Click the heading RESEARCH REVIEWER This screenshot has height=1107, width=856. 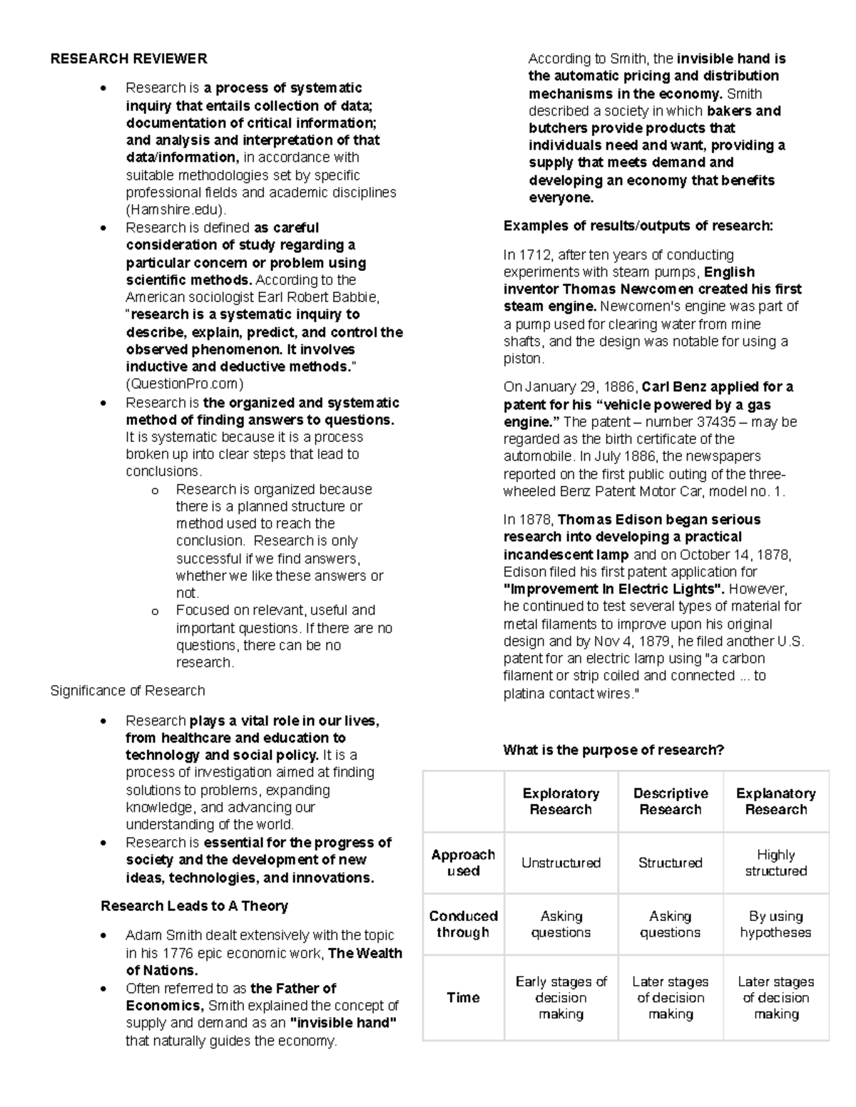point(128,58)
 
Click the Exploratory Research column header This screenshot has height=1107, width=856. point(561,801)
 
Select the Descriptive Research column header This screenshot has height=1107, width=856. point(671,801)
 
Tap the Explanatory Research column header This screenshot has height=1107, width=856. point(776,801)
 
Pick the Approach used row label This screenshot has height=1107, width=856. point(463,863)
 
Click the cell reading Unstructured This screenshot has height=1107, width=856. point(561,863)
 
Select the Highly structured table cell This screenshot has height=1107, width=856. point(776,863)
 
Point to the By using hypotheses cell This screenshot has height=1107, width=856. point(776,925)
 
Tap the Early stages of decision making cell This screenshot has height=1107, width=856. point(561,997)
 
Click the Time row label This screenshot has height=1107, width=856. point(463,997)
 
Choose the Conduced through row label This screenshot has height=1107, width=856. point(463,925)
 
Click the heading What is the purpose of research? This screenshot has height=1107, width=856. point(613,750)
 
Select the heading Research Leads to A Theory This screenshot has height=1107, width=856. point(194,906)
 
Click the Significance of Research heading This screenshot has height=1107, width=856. point(128,691)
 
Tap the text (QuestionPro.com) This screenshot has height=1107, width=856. point(185,384)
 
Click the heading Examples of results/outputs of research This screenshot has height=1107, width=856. point(638,226)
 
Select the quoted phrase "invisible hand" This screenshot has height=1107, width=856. point(342,1023)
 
